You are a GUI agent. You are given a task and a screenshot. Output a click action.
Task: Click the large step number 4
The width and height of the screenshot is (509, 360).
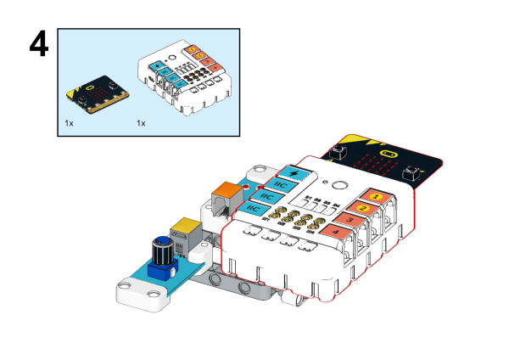(x=43, y=49)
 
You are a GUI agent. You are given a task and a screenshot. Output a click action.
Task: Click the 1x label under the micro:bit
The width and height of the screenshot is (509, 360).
(x=70, y=123)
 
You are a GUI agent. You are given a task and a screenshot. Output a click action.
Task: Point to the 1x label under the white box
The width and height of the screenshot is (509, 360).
(x=141, y=123)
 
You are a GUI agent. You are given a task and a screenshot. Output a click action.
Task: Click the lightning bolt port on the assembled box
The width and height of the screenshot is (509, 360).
(x=294, y=172)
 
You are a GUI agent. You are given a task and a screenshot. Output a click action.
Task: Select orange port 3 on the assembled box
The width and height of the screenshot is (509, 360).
(x=348, y=219)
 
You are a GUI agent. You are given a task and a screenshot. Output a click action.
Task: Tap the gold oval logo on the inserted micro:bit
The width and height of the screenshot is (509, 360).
(x=389, y=155)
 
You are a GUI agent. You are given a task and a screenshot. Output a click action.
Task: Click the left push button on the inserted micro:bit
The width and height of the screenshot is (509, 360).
(x=338, y=152)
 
